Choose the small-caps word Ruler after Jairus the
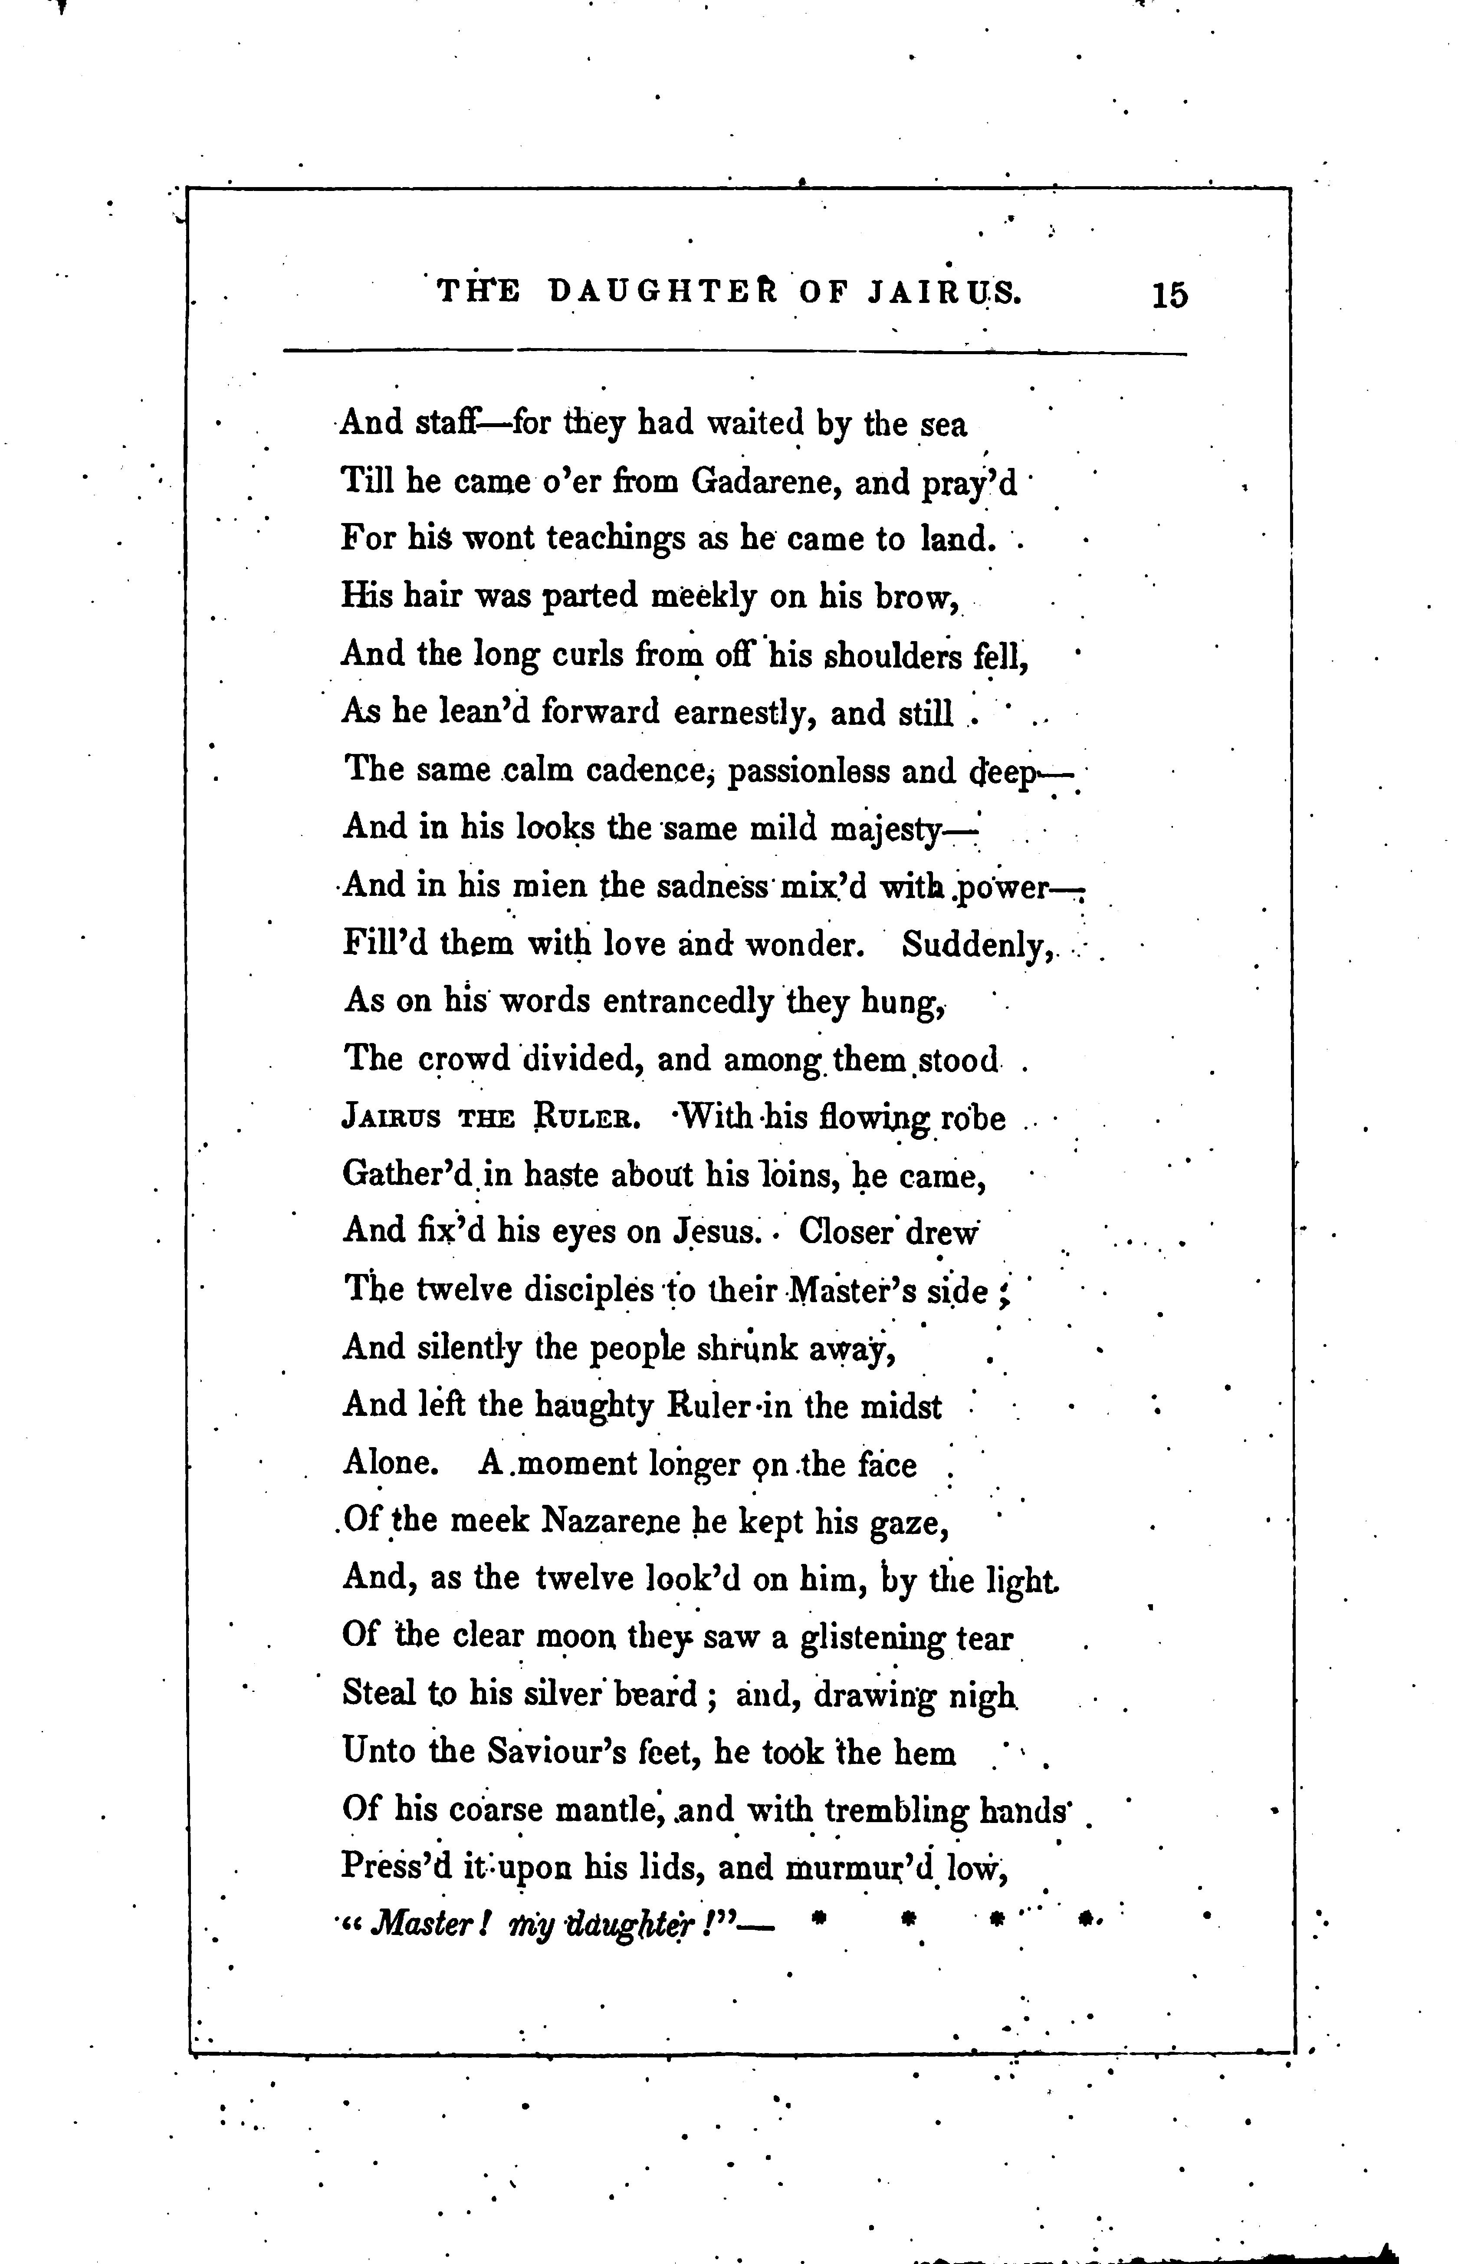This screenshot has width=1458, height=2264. tap(589, 1118)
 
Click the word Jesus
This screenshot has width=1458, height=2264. tap(716, 1232)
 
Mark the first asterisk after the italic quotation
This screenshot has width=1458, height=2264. tap(820, 1919)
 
